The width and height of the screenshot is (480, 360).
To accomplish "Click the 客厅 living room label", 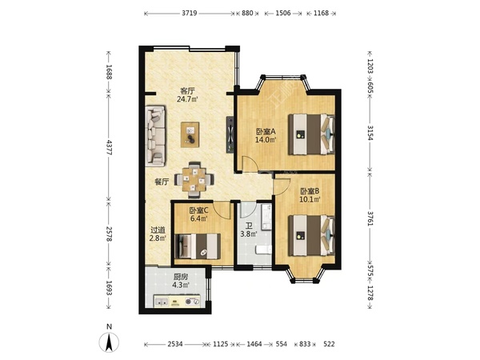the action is pyautogui.click(x=187, y=91).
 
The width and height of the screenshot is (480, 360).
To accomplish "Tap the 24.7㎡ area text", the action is pyautogui.click(x=187, y=99).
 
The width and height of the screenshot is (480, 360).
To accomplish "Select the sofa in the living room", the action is pyautogui.click(x=155, y=136).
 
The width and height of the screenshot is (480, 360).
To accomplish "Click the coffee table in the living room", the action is pyautogui.click(x=190, y=134).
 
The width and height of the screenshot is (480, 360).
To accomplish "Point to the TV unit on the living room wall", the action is pyautogui.click(x=230, y=134).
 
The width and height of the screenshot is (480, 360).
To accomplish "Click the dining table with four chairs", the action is pyautogui.click(x=194, y=179).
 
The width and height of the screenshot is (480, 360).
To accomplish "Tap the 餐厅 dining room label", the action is pyautogui.click(x=162, y=182).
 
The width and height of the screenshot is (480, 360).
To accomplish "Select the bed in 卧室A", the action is pyautogui.click(x=312, y=134).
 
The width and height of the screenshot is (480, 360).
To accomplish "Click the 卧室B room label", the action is pyautogui.click(x=310, y=191).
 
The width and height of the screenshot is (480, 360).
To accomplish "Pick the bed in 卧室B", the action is pyautogui.click(x=312, y=235).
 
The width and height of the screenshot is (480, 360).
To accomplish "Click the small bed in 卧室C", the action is pyautogui.click(x=198, y=246).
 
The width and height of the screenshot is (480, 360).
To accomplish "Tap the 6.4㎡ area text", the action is pyautogui.click(x=199, y=218).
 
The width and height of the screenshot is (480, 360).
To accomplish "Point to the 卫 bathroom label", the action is pyautogui.click(x=249, y=226).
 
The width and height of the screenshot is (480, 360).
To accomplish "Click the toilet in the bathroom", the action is pyautogui.click(x=264, y=249).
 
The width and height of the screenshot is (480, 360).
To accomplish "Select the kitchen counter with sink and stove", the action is pyautogui.click(x=177, y=302).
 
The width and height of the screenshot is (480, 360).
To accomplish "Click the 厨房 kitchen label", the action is pyautogui.click(x=181, y=277).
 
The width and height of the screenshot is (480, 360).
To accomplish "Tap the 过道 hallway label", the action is pyautogui.click(x=158, y=230).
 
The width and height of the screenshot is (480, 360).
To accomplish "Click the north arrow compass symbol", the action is pyautogui.click(x=109, y=342).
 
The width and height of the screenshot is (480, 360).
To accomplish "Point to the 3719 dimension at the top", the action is pyautogui.click(x=189, y=13).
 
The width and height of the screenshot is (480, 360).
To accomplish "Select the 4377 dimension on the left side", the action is pyautogui.click(x=109, y=146).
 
